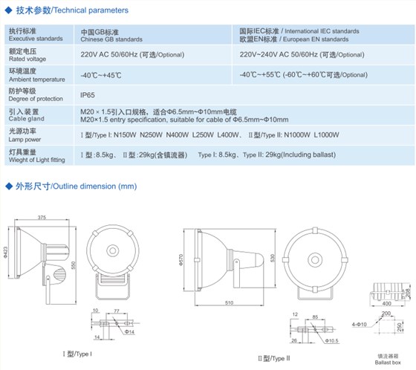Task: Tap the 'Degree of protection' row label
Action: point(34,100)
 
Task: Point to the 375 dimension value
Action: point(42,217)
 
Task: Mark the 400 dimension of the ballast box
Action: point(387,303)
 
